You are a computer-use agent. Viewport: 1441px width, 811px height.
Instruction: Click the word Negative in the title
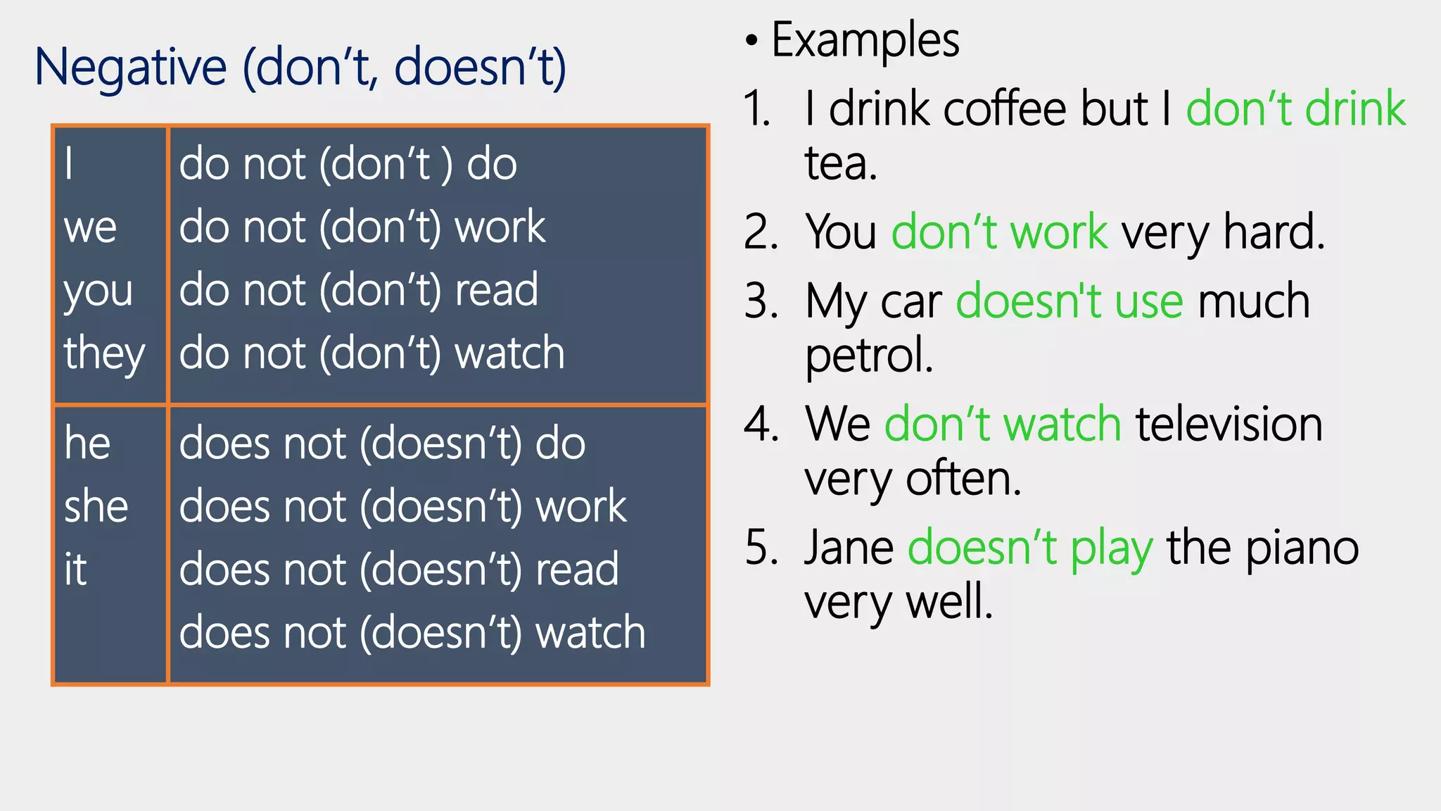[131, 68]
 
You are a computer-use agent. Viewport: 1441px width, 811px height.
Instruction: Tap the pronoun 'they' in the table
[104, 353]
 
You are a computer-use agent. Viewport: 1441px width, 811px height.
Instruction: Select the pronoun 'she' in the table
[96, 507]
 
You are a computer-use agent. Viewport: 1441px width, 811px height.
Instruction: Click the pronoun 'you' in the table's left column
[98, 291]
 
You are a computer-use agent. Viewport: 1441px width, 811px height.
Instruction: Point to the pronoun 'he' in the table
[87, 444]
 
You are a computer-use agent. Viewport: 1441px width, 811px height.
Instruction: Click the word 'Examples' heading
[865, 40]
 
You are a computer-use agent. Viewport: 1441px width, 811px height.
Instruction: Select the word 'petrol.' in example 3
[869, 355]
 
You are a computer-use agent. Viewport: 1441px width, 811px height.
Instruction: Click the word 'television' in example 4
[1229, 425]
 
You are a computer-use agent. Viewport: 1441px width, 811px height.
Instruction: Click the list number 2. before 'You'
[761, 232]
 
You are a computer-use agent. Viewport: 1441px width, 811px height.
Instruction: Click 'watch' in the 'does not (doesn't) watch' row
[591, 632]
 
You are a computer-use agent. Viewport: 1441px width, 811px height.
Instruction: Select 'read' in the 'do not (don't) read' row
[497, 290]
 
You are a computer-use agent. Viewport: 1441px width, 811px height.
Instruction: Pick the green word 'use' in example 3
[1149, 301]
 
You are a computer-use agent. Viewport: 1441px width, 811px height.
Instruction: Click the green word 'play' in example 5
[1112, 549]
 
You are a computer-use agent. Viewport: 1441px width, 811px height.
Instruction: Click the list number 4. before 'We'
[761, 425]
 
